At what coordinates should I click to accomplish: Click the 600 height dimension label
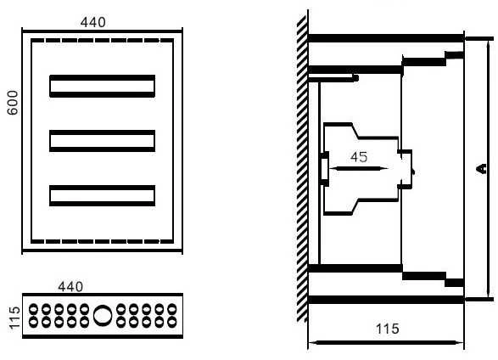pos(13,103)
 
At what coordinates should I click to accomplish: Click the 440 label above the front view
pos(93,22)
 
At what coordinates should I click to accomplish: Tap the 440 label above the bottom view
pos(70,287)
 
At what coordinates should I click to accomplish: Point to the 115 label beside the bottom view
pos(14,318)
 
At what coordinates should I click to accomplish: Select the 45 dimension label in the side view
pos(359,157)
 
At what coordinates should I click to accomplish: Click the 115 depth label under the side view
pos(388,329)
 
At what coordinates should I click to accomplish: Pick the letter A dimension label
pos(482,168)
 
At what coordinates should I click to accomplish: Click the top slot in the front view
pos(103,86)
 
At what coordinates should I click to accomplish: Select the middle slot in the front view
pos(103,141)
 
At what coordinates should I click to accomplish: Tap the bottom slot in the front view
pos(103,195)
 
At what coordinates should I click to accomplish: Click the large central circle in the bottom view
pos(103,316)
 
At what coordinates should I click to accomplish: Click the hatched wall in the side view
pos(302,168)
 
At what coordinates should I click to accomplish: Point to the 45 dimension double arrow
pos(358,168)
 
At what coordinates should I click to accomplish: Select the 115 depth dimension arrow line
pos(386,343)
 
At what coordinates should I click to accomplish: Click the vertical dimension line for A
pos(489,168)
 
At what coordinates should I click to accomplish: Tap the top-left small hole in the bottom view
pos(33,309)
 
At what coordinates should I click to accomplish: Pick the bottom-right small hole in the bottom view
pos(172,322)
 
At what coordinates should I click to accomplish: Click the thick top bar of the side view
pos(386,38)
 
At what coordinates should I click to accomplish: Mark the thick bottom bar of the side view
pos(386,300)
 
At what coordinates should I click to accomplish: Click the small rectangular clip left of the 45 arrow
pos(324,168)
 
